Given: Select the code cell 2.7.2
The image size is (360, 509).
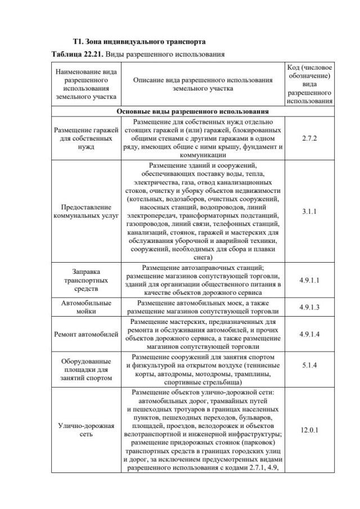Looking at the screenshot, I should (309, 137).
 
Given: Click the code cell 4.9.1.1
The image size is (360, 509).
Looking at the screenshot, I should (309, 280).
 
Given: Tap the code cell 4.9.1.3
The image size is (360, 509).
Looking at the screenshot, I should (309, 307).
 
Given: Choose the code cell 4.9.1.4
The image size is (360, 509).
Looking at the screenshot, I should (309, 335).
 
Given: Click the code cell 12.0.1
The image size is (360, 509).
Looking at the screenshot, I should (309, 430).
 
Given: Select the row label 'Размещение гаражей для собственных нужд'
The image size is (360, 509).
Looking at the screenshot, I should (86, 138).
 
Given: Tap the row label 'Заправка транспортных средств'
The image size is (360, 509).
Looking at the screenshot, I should (86, 280).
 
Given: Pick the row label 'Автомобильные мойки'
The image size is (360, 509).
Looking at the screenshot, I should (86, 307).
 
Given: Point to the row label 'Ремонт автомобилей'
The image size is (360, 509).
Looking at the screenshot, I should (86, 335).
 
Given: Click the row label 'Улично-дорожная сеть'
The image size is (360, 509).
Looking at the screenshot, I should (86, 430).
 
